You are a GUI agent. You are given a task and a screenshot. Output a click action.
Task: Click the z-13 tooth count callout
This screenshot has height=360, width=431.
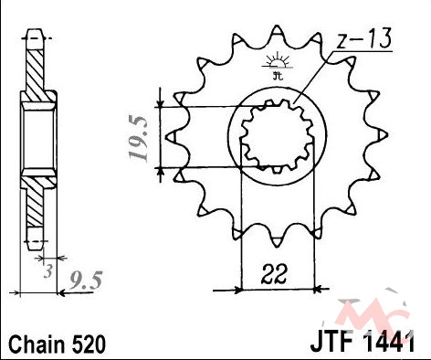click(x=364, y=40)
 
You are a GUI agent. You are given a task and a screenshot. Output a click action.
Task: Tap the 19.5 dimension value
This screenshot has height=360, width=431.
click(x=139, y=139)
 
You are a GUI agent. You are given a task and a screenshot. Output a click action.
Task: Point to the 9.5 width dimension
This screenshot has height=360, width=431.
click(x=84, y=280)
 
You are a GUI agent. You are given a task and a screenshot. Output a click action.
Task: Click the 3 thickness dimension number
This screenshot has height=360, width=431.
click(x=47, y=271)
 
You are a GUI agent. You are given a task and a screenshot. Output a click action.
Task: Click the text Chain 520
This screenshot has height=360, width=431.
click(x=57, y=344)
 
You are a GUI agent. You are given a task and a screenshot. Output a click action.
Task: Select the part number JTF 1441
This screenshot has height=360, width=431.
click(x=363, y=343)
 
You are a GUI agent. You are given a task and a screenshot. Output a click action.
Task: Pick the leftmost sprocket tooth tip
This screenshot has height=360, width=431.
click(x=167, y=137)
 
